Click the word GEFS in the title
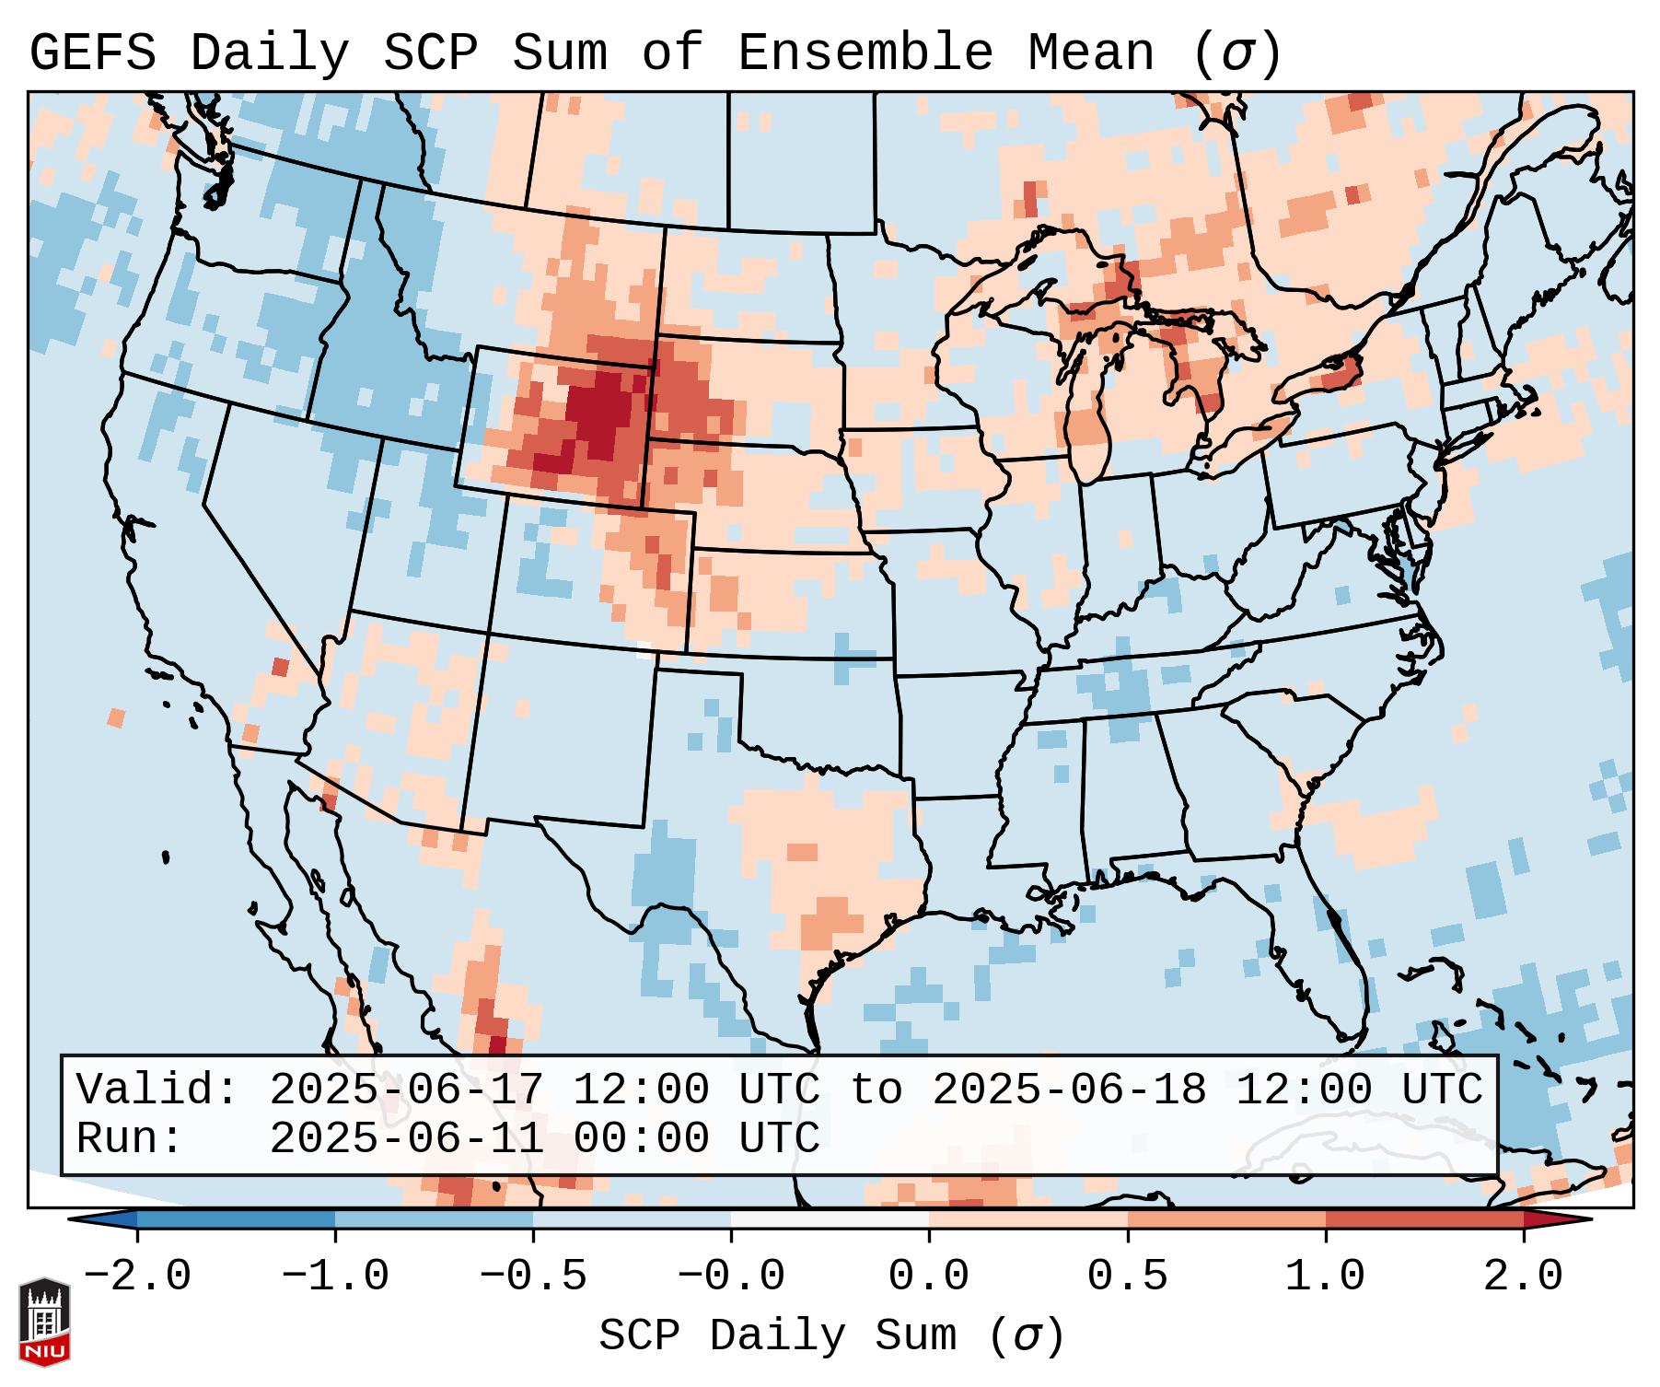tap(93, 53)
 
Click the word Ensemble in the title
tap(865, 53)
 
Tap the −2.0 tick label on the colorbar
tap(137, 1276)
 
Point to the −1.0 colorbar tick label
tap(335, 1276)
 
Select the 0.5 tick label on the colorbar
tap(1127, 1276)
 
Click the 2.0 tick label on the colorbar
tap(1523, 1276)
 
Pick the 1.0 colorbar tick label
tap(1325, 1276)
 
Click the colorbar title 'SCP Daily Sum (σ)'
tap(830, 1335)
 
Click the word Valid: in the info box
tap(157, 1090)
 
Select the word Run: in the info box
tap(130, 1138)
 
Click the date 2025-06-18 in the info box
tap(1069, 1090)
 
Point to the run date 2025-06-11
tap(406, 1138)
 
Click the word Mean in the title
tap(1090, 53)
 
